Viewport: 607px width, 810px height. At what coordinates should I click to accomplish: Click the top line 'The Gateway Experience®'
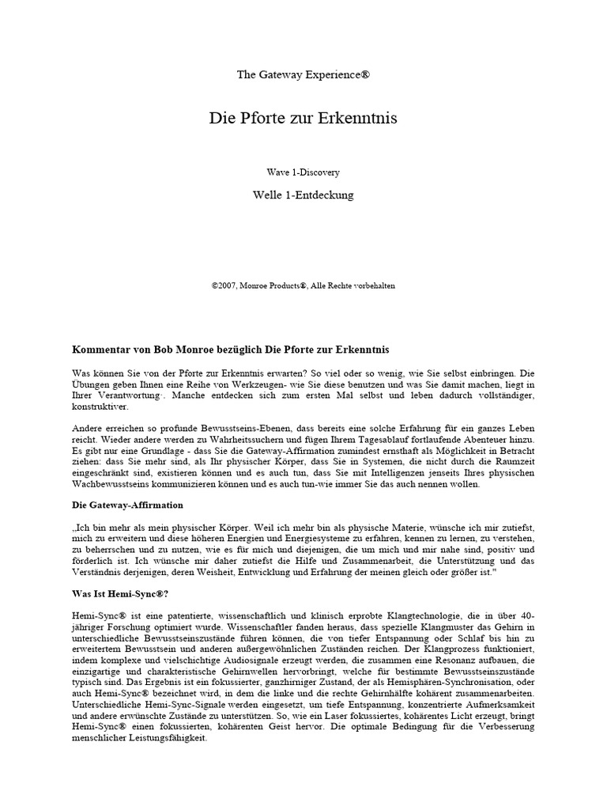click(x=303, y=75)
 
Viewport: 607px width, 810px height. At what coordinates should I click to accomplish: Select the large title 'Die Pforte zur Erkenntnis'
click(x=303, y=119)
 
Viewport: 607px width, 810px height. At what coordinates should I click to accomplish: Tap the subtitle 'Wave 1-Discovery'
click(x=303, y=172)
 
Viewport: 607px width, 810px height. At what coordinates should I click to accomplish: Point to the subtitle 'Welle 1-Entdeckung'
click(x=303, y=194)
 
